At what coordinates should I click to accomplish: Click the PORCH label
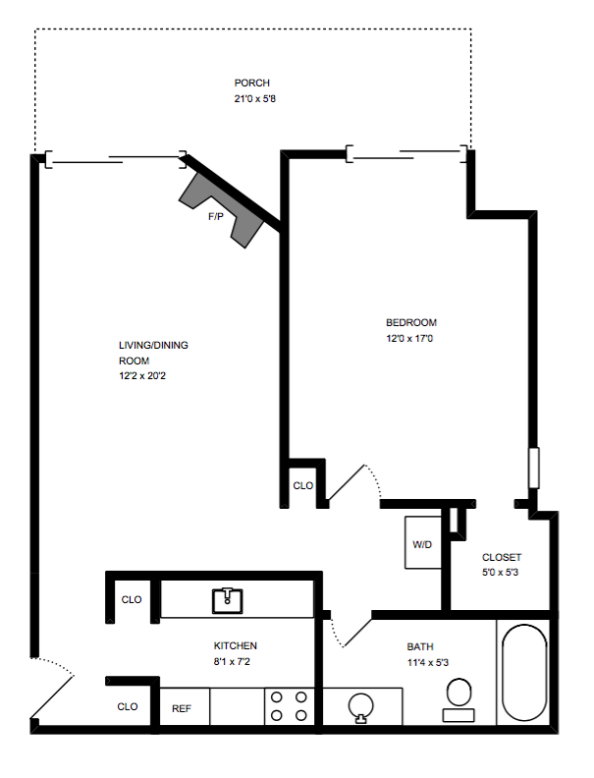coord(252,83)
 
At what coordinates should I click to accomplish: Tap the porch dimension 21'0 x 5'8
coord(255,99)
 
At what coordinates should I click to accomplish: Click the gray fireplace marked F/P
coord(221,209)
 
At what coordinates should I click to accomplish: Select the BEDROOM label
coord(411,322)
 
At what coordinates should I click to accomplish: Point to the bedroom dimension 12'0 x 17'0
coord(409,338)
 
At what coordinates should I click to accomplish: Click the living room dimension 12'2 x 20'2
coord(142,375)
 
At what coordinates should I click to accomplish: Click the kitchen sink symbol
coord(228,600)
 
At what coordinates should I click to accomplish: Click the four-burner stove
coord(289,706)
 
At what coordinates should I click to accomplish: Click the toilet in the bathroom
coord(459,699)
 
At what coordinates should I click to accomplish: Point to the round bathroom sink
coord(361,706)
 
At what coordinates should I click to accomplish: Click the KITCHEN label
coord(235,645)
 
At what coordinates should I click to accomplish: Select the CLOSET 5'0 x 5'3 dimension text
coord(500,572)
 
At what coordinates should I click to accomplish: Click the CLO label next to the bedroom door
coord(303,485)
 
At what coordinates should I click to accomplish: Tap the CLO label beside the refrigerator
coord(128,706)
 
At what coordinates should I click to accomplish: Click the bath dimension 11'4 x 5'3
coord(428,662)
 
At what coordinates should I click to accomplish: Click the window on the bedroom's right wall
coord(534,468)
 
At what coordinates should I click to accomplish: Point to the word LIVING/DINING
coord(153,345)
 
